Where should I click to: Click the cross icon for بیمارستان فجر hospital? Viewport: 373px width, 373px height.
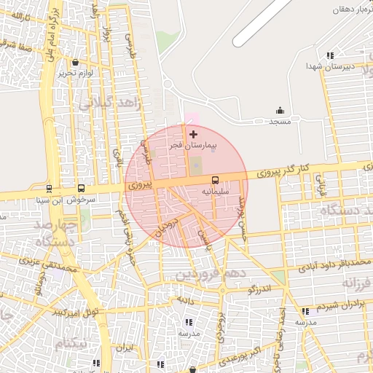click(193, 134)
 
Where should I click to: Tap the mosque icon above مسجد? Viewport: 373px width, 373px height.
click(280, 111)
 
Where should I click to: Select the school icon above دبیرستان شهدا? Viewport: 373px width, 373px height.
click(330, 55)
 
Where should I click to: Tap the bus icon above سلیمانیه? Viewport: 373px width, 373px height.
click(216, 180)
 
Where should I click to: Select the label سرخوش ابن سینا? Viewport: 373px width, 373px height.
click(62, 198)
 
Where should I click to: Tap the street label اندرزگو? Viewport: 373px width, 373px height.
click(259, 289)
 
